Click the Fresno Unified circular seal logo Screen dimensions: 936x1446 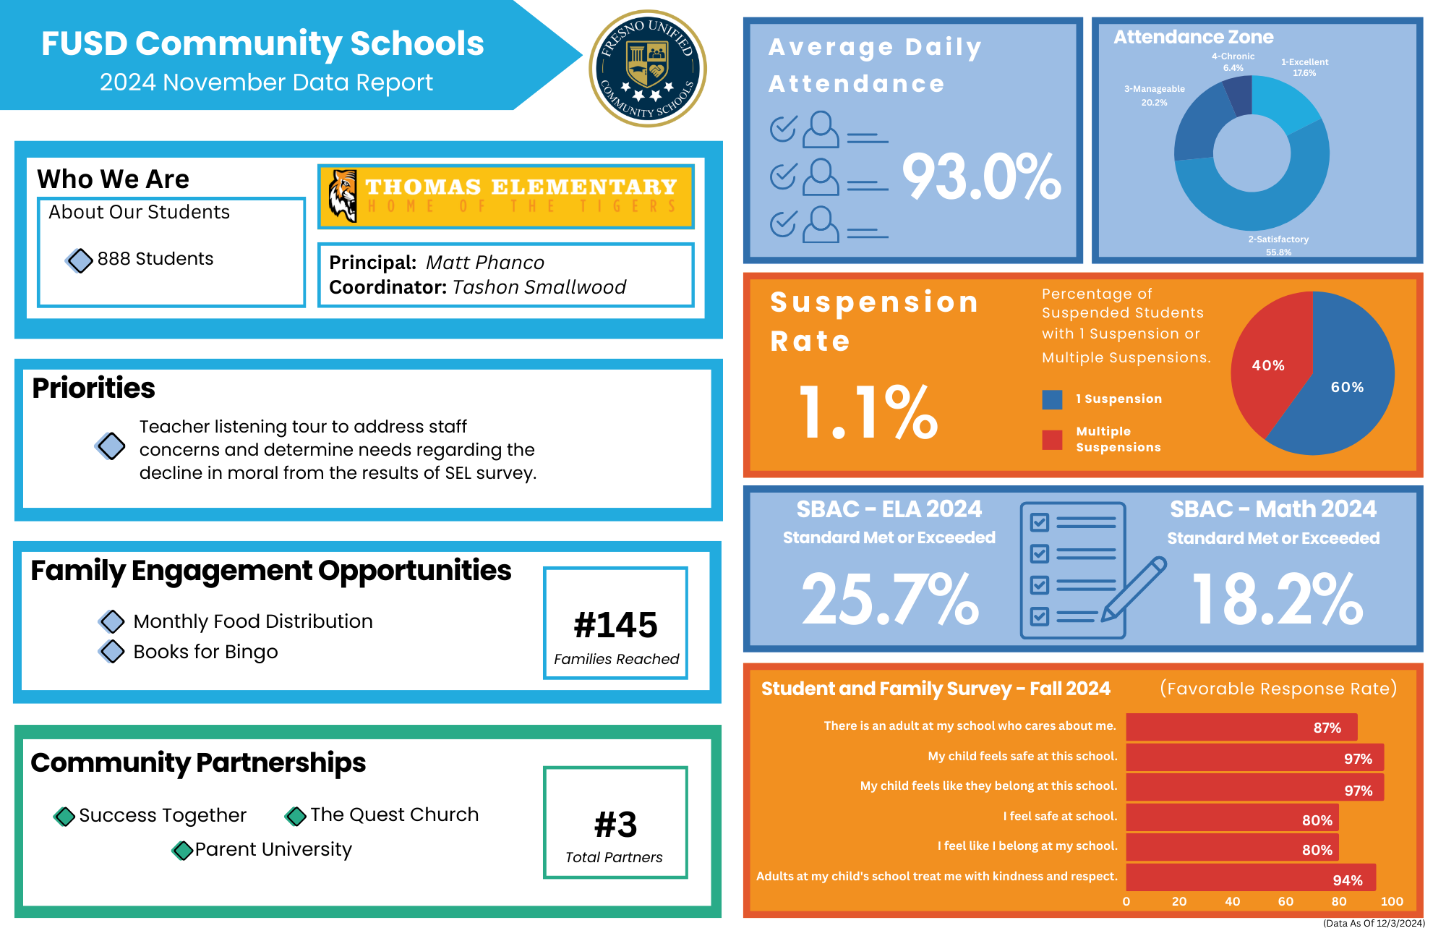pos(648,69)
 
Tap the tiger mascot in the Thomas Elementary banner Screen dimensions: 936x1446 pos(343,195)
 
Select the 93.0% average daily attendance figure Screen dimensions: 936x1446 pos(981,177)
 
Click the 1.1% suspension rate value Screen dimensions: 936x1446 pos(868,412)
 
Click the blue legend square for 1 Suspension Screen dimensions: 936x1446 pos(1052,399)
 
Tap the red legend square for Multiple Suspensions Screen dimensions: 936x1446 pos(1052,440)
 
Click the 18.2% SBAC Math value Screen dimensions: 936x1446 pos(1277,599)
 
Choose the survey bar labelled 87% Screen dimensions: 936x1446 pos(1241,727)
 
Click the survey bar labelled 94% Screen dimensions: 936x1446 pos(1251,877)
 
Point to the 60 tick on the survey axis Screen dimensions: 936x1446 pos(1285,901)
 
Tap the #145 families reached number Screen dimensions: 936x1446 pos(615,625)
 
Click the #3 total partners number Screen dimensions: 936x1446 pos(615,825)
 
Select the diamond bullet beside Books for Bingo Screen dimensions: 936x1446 pos(112,651)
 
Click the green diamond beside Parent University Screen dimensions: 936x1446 pos(182,850)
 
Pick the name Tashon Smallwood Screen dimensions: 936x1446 pos(539,287)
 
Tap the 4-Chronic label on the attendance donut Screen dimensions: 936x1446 pos(1233,56)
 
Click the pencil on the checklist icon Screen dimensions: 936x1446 pos(1134,590)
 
